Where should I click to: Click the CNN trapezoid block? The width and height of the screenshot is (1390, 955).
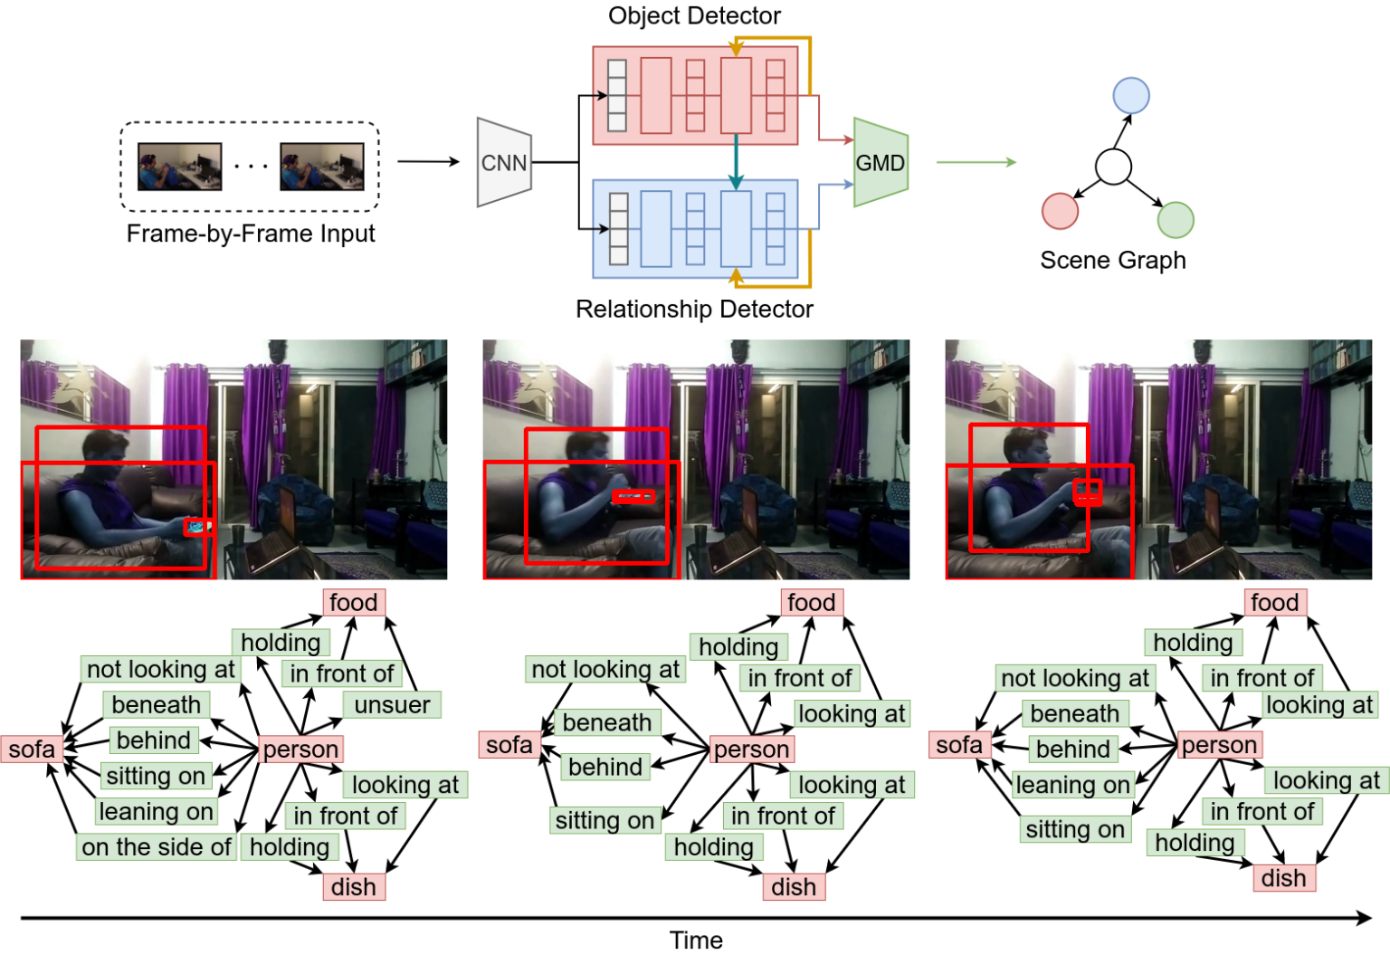coord(504,163)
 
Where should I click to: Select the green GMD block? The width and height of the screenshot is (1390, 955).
coord(880,163)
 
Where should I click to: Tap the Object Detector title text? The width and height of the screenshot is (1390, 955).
coord(694,15)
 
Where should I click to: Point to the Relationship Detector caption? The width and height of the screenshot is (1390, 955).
coord(694,309)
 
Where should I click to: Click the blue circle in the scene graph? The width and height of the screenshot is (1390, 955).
coord(1131,95)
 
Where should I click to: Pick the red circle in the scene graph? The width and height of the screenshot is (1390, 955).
coord(1060,211)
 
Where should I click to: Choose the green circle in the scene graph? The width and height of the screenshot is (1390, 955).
coord(1176,220)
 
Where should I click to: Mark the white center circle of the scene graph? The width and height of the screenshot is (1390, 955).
coord(1113,167)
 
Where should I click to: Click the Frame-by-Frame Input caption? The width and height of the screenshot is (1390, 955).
coord(251,234)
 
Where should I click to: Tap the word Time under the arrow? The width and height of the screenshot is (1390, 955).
coord(696,941)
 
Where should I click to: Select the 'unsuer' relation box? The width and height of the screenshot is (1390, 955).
coord(392,704)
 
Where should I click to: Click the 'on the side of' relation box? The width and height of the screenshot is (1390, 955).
coord(157,847)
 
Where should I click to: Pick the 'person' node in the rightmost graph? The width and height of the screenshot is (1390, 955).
coord(1219,745)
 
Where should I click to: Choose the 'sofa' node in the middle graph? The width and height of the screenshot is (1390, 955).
coord(509,745)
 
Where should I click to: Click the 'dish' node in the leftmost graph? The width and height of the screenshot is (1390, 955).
coord(354,887)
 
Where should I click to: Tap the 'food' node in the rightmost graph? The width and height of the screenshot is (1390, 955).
coord(1274,603)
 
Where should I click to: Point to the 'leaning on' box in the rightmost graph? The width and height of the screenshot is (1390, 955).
coord(1072,785)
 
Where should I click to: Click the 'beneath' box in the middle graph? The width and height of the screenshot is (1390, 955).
coord(606,722)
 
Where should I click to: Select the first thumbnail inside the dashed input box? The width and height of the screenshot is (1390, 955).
coord(179,167)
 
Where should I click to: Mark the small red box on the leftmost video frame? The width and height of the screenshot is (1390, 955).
coord(195,527)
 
